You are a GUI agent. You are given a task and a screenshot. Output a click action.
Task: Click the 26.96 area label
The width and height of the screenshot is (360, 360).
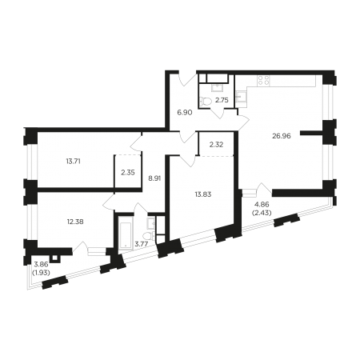click(282, 136)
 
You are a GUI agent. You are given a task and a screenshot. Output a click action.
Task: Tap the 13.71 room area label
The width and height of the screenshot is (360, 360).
click(73, 161)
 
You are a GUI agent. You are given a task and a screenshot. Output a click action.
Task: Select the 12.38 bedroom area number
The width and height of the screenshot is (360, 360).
click(75, 222)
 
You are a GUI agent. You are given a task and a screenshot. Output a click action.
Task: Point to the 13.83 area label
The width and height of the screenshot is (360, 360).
click(203, 194)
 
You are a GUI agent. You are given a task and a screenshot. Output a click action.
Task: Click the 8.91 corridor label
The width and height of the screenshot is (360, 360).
click(154, 178)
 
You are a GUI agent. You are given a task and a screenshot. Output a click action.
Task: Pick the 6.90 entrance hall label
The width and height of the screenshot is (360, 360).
click(185, 113)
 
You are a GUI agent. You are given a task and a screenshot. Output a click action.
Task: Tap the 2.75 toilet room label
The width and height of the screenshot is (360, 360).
click(222, 100)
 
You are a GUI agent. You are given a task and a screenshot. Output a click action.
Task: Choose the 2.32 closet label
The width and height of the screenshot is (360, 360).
click(216, 145)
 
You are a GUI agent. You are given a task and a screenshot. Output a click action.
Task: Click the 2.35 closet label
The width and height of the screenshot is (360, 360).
click(128, 173)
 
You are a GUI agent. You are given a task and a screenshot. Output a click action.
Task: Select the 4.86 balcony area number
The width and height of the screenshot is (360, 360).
click(262, 205)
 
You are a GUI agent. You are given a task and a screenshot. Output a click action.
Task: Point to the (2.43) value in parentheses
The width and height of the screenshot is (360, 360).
click(262, 212)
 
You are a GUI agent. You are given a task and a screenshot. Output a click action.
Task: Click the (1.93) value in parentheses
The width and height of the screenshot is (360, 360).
click(41, 272)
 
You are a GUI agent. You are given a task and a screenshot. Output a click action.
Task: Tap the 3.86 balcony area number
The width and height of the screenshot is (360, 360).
click(41, 265)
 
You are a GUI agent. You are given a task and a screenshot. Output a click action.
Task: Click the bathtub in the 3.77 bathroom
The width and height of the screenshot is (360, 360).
click(125, 234)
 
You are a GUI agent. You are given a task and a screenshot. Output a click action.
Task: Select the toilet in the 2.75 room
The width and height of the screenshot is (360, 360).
click(206, 101)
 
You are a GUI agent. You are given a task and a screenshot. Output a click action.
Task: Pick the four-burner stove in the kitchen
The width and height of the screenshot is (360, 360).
click(263, 81)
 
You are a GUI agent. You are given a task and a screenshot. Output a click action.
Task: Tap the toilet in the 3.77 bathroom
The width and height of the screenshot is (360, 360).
click(149, 235)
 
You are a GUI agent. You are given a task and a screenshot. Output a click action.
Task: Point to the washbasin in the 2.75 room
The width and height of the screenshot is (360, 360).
click(216, 87)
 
